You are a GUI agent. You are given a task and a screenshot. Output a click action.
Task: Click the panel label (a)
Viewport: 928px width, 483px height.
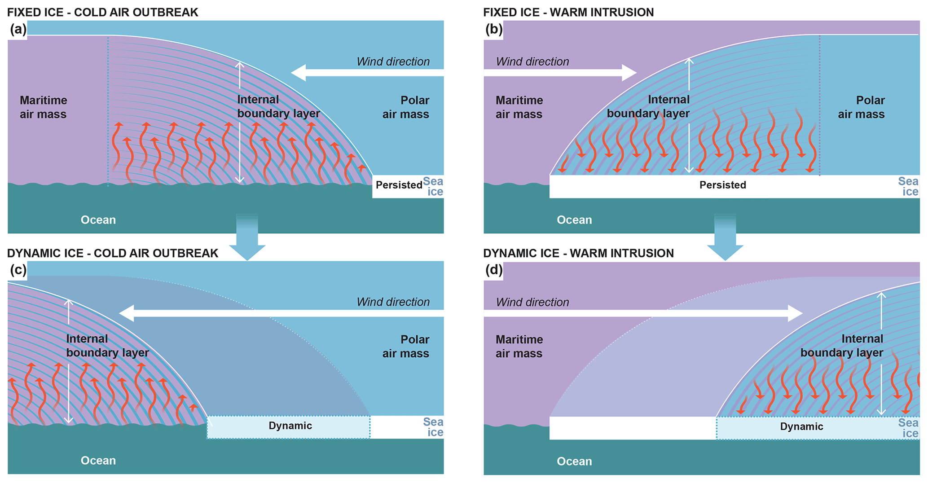(x=18, y=30)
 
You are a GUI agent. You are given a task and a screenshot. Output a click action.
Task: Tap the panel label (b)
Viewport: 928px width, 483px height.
(x=494, y=30)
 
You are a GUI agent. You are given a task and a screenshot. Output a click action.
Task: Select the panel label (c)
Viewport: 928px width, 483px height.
(x=18, y=270)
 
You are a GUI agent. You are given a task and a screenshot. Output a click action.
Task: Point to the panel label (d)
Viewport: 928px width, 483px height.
(x=494, y=270)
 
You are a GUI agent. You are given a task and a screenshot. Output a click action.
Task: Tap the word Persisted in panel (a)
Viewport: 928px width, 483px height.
(x=399, y=185)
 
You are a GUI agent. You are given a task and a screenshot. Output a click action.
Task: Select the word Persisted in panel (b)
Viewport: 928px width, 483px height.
(x=722, y=185)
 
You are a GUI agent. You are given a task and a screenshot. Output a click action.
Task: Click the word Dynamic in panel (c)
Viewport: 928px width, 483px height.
(x=290, y=426)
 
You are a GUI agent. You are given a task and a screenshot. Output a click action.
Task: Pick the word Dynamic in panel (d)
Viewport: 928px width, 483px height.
(x=801, y=426)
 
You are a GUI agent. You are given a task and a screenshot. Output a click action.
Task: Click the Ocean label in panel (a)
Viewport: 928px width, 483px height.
(x=98, y=220)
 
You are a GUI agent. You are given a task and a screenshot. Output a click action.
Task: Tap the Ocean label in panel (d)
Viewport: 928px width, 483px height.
(x=574, y=461)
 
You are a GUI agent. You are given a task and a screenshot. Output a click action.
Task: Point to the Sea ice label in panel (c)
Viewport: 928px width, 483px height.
(x=433, y=427)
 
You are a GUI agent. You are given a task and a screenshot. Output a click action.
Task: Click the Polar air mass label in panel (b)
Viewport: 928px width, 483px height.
(x=861, y=107)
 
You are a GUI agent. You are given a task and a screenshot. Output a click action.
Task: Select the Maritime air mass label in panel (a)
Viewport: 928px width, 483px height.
(x=43, y=107)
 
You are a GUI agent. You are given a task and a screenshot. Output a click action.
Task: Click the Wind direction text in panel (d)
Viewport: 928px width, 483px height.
(x=532, y=302)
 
